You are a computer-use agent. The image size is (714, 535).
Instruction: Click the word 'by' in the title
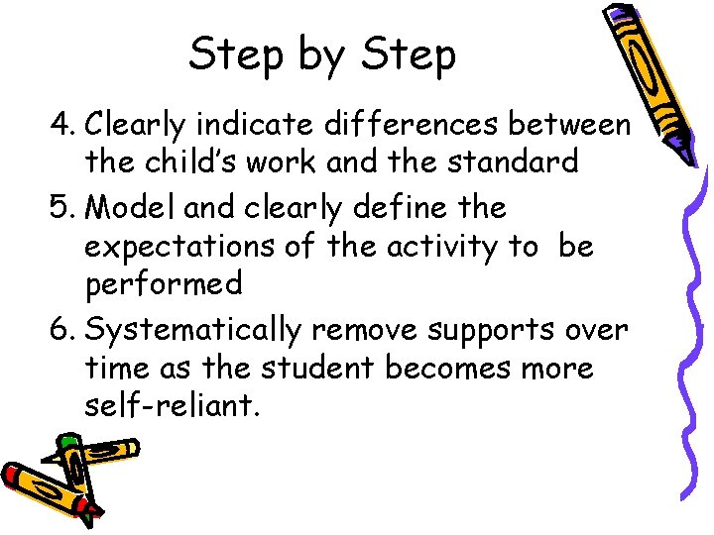[x=321, y=55]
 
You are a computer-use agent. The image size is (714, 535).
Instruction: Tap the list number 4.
[x=63, y=125]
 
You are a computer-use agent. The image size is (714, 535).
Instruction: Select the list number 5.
[x=63, y=209]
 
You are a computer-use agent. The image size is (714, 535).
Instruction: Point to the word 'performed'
[x=164, y=285]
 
